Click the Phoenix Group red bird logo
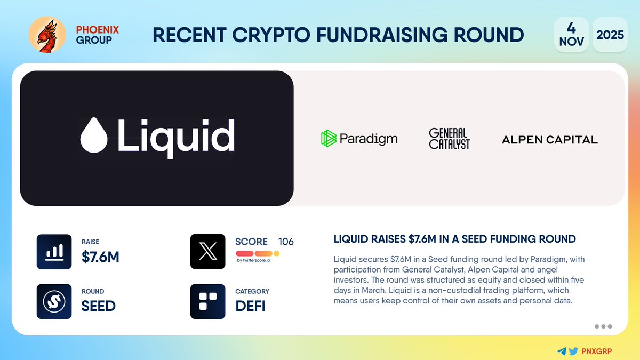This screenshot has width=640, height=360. point(47,35)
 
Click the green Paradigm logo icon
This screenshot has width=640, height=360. point(329,139)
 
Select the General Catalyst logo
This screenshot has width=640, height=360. point(450,139)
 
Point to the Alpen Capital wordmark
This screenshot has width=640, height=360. point(550,140)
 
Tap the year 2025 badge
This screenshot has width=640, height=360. point(610,35)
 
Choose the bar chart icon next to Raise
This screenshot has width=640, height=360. point(54,251)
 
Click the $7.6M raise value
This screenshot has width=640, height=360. point(100,257)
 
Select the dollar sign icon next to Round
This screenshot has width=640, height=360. point(54,301)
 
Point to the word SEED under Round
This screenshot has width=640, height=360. point(99,306)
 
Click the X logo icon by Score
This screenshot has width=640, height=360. point(207,251)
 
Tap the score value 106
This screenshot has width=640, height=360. point(286,242)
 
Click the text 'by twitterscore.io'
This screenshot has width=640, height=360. point(254,260)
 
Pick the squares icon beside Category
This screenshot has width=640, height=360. point(207,301)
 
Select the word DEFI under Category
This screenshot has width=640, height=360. point(251,306)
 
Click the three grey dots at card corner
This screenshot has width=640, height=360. point(603,326)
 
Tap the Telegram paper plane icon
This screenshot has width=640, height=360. point(561,351)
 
